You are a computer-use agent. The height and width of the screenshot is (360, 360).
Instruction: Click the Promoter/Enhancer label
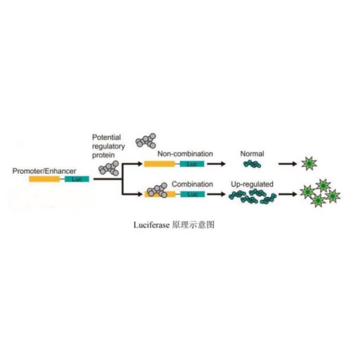[44, 171]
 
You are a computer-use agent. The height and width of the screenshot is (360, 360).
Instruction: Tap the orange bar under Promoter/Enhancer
[45, 179]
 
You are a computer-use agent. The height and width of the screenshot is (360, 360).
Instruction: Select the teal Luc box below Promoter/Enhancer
[77, 179]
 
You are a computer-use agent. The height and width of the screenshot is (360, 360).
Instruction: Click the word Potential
[107, 137]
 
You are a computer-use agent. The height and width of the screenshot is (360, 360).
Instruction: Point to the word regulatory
[109, 146]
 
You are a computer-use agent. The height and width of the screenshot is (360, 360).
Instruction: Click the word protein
[104, 155]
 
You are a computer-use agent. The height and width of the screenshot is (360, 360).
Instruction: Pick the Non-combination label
[185, 154]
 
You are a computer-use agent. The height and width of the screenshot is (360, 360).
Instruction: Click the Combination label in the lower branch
[192, 184]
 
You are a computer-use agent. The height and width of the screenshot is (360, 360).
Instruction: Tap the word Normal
[252, 154]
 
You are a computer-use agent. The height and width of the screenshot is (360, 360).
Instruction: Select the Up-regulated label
[252, 184]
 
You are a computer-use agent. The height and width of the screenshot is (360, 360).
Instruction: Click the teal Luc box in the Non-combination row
[192, 164]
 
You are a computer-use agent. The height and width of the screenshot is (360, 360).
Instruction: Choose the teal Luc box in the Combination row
[193, 194]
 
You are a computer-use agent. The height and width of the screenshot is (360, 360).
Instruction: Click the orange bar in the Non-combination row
[159, 164]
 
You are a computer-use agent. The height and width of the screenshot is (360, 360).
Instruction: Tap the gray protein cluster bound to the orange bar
[157, 190]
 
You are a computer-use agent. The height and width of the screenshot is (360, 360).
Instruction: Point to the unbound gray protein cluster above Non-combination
[146, 140]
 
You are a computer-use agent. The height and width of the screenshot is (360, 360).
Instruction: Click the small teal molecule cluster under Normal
[252, 164]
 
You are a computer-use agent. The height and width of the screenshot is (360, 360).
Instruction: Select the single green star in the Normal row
[309, 163]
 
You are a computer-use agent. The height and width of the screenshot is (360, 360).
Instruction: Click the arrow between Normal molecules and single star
[288, 164]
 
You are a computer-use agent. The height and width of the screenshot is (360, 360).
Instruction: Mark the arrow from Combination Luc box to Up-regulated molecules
[216, 194]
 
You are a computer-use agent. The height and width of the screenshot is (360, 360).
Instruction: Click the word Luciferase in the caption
[152, 225]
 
